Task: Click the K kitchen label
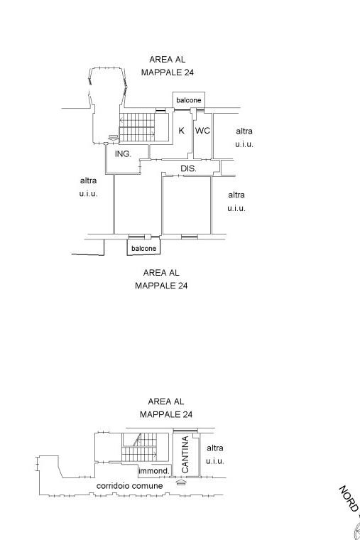[181, 131]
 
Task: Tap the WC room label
[202, 131]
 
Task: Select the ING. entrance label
[123, 153]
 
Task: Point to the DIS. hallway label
[188, 168]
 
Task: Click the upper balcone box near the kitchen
[189, 100]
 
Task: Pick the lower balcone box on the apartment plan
[143, 248]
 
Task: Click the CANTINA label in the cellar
[185, 455]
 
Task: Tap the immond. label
[154, 470]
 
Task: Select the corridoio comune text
[129, 485]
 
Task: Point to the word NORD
[349, 498]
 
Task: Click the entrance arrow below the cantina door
[181, 482]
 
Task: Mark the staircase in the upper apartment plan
[137, 127]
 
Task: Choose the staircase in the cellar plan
[139, 447]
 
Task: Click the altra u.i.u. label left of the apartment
[89, 187]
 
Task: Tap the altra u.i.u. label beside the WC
[244, 137]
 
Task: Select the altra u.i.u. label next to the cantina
[215, 454]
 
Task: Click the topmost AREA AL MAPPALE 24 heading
[168, 66]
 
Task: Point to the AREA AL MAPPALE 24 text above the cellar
[166, 408]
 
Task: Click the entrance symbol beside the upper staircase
[112, 137]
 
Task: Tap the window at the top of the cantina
[185, 430]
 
